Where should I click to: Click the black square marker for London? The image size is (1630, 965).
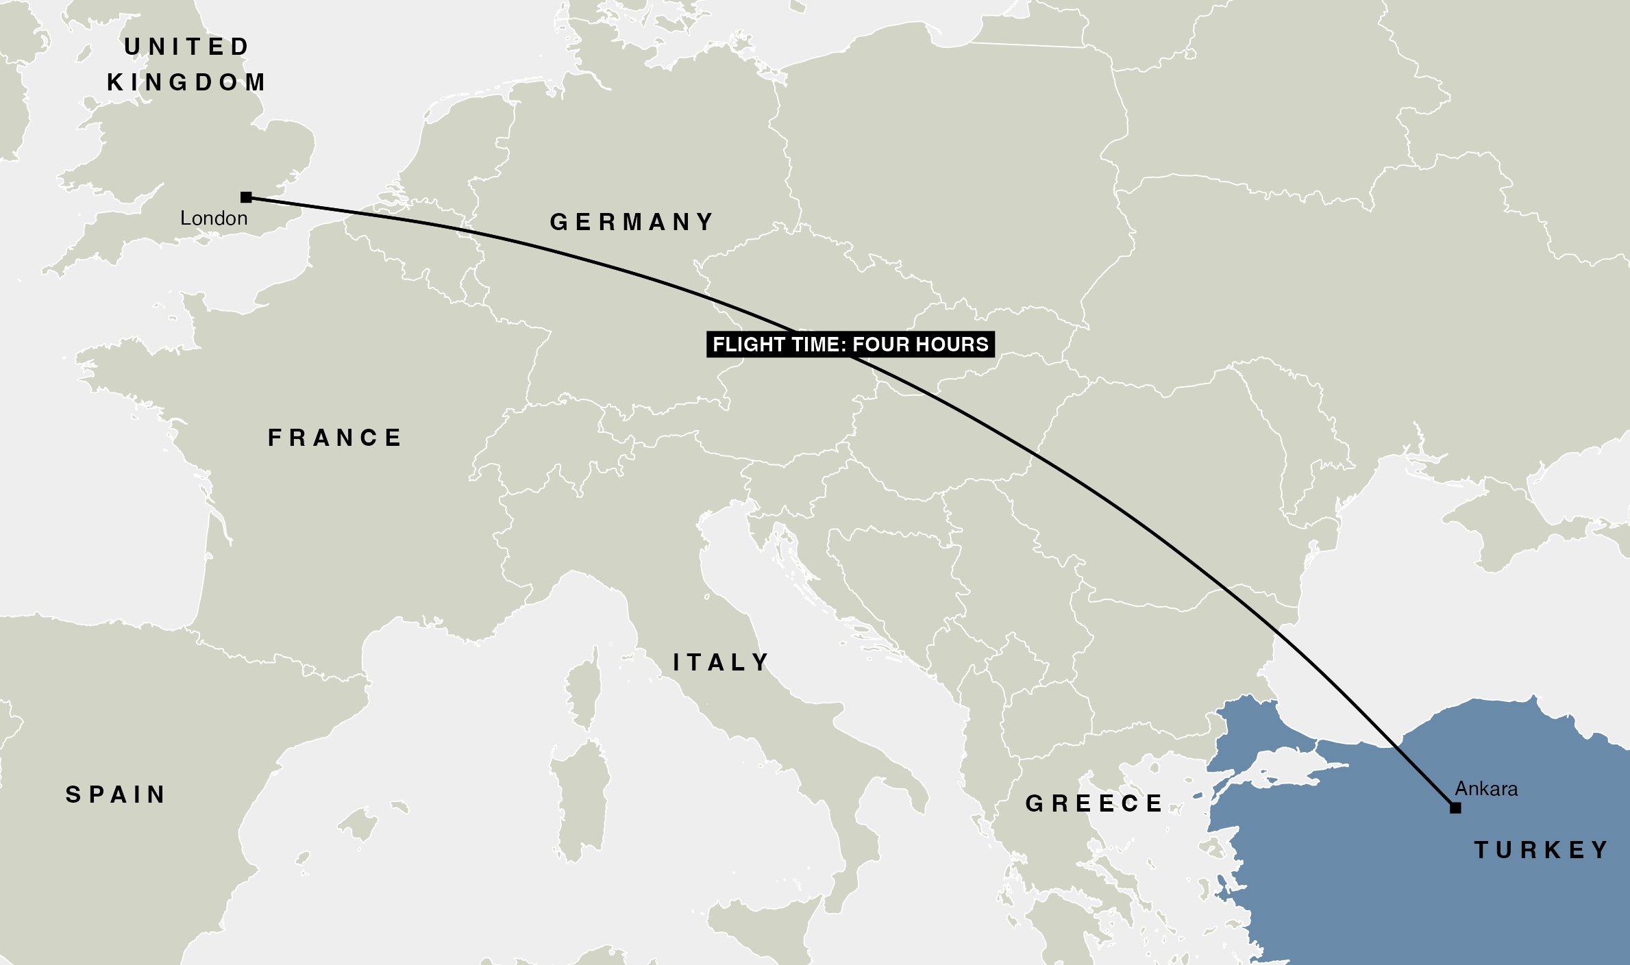point(246,197)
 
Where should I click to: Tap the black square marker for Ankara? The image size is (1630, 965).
point(1455,808)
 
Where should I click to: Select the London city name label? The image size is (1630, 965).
point(214,218)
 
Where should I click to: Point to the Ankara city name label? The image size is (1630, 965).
point(1486,789)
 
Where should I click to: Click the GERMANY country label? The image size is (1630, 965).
point(632,222)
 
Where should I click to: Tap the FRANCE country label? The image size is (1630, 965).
point(335,438)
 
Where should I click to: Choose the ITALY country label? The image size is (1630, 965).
point(721,662)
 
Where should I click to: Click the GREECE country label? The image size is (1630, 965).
point(1094,803)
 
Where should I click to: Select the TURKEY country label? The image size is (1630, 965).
point(1542,850)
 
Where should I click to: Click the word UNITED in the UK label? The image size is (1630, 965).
point(187,47)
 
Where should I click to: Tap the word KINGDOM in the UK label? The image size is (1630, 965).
point(187,82)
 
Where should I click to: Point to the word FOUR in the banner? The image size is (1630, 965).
point(880,344)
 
